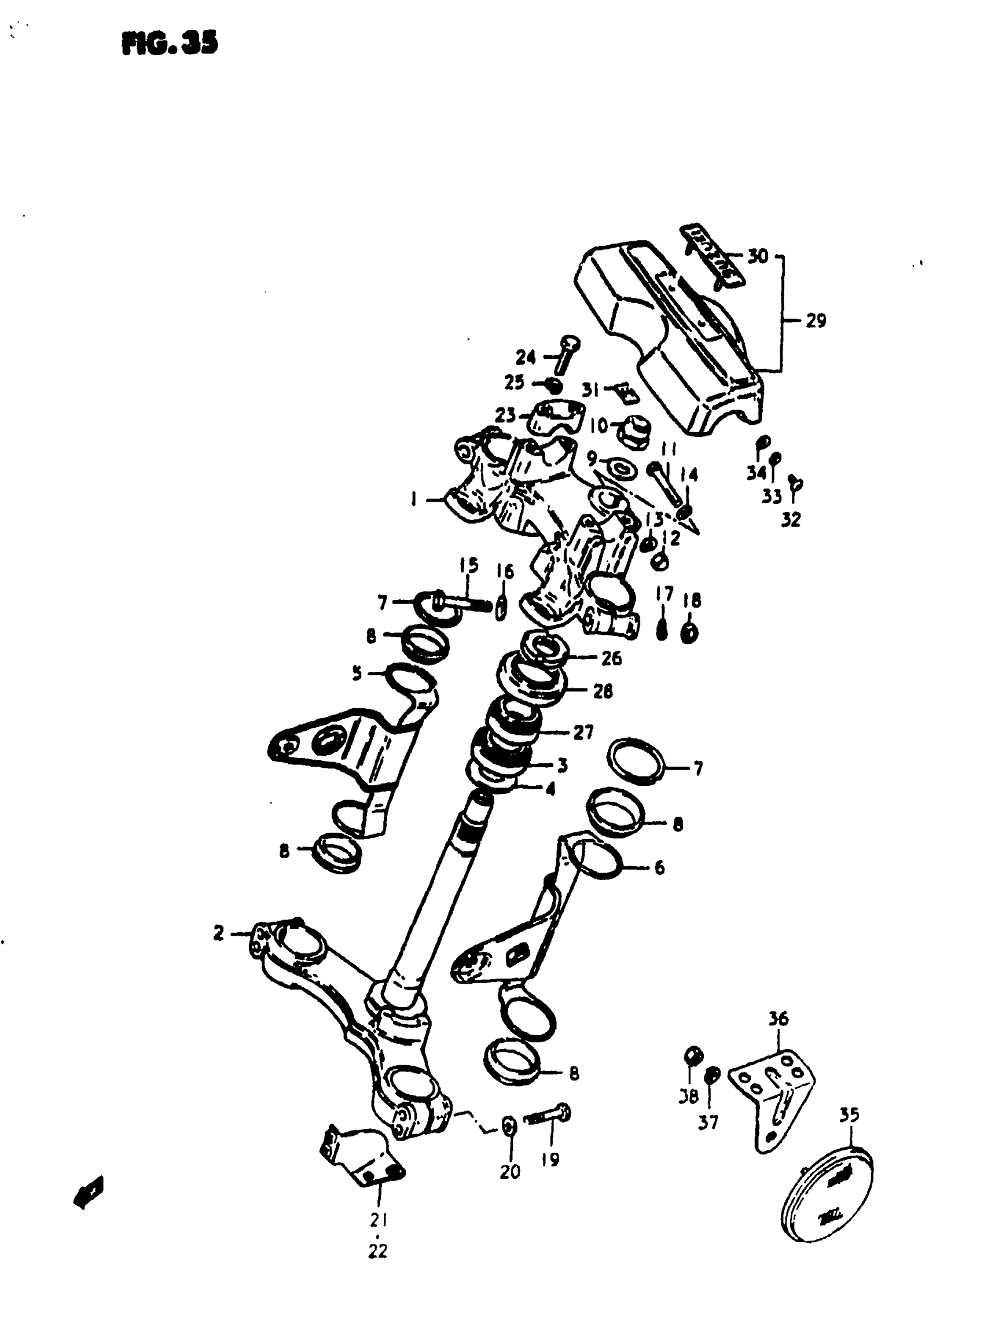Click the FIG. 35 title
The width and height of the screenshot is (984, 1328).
(170, 43)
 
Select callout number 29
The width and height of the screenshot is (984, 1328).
(816, 321)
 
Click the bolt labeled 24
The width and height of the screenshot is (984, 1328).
(564, 354)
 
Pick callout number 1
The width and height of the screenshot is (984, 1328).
(413, 499)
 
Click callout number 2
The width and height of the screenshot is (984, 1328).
(219, 933)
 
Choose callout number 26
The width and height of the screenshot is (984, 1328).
(611, 658)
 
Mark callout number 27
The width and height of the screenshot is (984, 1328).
(583, 732)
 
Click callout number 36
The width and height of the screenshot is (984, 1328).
(778, 1019)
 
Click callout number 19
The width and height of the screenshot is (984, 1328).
(550, 1160)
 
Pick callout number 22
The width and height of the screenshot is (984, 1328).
(377, 1252)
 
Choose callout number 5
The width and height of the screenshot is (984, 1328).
(357, 674)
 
